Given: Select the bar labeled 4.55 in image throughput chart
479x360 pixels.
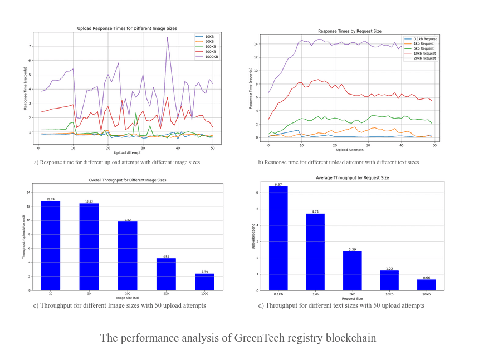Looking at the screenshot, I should click(166, 274).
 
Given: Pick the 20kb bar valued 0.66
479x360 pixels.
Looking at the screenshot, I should click(426, 285).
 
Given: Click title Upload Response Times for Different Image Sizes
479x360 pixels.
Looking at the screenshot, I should click(127, 28).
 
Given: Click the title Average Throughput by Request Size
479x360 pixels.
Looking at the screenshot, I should click(352, 177).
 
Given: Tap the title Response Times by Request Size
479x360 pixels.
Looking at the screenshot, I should click(350, 31).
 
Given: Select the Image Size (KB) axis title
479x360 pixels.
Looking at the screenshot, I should click(128, 298).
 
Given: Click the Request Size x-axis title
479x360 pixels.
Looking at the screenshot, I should click(353, 299).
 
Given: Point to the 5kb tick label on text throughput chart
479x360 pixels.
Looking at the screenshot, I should click(353, 294).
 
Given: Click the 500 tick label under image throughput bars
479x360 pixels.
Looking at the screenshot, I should click(166, 294).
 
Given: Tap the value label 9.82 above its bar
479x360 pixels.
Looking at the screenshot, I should click(128, 220).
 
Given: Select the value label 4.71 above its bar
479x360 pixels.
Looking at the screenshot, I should click(315, 211).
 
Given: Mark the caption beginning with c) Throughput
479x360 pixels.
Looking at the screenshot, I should click(120, 305).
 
